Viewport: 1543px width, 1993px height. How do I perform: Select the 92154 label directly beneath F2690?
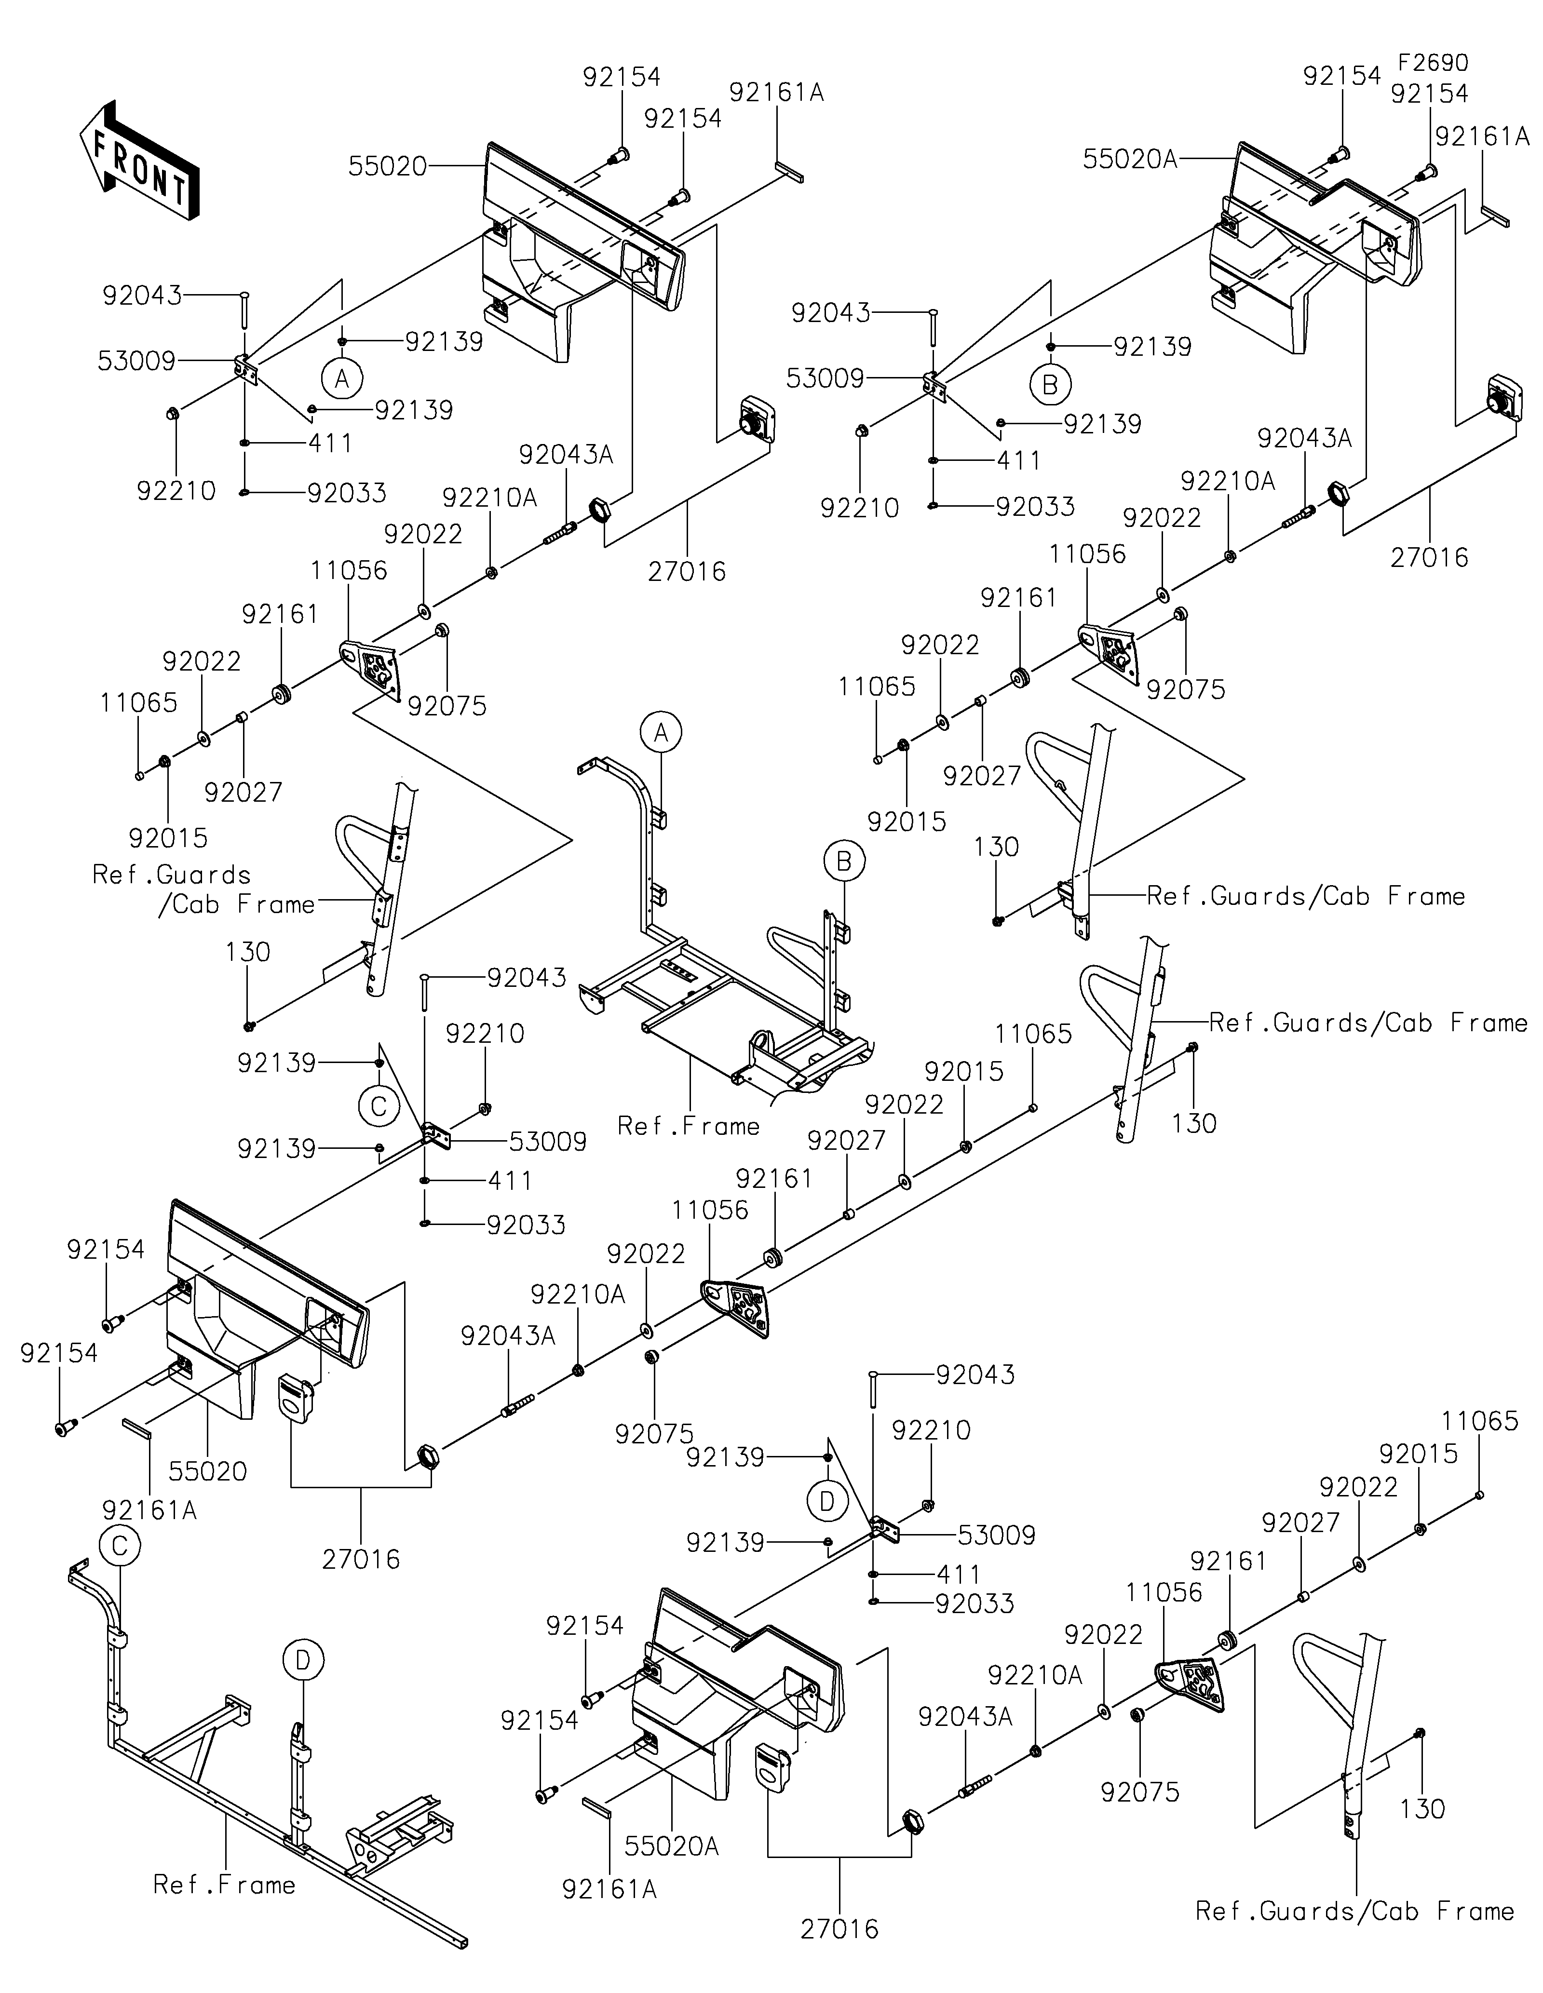pyautogui.click(x=1430, y=94)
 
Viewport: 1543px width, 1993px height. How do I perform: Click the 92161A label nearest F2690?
pyautogui.click(x=1482, y=136)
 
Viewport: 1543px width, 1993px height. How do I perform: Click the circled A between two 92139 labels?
pyautogui.click(x=342, y=378)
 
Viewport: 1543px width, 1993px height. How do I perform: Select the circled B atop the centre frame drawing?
pyautogui.click(x=844, y=861)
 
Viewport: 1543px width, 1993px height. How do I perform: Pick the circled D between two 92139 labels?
pyautogui.click(x=827, y=1501)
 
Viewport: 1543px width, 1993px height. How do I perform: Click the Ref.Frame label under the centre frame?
pyautogui.click(x=689, y=1126)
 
